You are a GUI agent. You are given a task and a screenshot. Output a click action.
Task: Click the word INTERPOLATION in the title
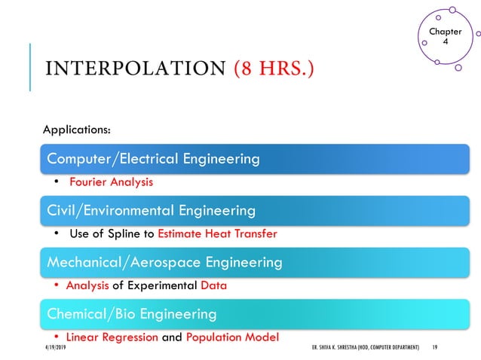[135, 69]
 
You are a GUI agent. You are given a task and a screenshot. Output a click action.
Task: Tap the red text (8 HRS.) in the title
[274, 69]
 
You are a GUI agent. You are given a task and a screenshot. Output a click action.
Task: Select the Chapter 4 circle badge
[445, 37]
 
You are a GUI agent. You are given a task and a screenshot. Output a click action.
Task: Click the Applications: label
[77, 130]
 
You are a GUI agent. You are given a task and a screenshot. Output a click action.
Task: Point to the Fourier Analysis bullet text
[112, 182]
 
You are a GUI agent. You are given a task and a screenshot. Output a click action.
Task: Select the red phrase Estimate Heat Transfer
[217, 233]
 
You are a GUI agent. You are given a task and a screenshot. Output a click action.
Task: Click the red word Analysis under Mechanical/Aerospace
[87, 285]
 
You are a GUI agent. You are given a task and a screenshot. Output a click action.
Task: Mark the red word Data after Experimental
[213, 285]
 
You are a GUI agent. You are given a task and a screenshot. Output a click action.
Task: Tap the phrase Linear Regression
[112, 337]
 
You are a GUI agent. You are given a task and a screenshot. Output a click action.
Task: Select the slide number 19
[435, 349]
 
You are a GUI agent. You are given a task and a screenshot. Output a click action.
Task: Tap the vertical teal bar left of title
[31, 67]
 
